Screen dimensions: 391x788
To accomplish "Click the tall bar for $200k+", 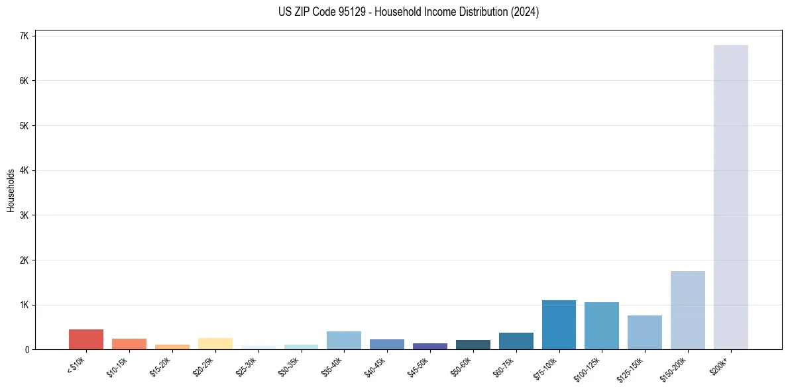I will (730, 197).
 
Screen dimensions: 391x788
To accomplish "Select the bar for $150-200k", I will (687, 310).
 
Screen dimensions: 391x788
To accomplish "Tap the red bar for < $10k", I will (86, 339).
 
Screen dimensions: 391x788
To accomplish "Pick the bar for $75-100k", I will (559, 325).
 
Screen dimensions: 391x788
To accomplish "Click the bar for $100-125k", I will (602, 325).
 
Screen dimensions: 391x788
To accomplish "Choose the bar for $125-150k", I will (644, 332).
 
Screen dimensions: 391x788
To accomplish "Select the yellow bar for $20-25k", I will (215, 343).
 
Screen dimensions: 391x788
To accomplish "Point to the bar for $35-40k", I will (343, 340).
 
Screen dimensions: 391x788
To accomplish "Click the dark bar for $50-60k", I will (473, 345).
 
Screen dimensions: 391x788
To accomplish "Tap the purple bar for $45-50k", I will (429, 346).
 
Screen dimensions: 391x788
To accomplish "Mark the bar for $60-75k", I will (516, 341).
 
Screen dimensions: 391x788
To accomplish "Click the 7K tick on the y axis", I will (24, 36).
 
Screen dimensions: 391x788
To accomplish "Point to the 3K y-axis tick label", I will (24, 215).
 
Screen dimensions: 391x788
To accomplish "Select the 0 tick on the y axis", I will (27, 350).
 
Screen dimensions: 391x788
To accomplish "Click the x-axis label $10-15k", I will (117, 366).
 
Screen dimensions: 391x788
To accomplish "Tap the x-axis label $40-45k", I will (374, 366).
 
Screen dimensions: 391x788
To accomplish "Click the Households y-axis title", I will (11, 190).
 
